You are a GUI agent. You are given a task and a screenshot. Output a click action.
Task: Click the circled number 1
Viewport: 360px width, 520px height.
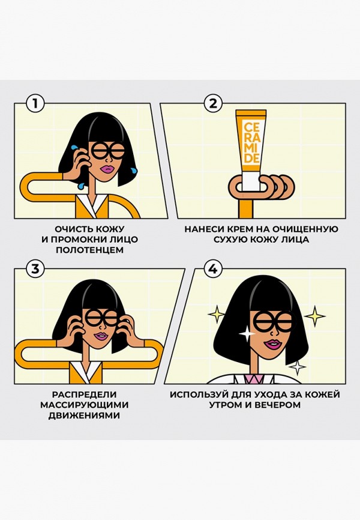pyautogui.click(x=35, y=103)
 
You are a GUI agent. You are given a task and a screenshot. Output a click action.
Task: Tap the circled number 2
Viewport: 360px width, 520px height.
pyautogui.click(x=213, y=103)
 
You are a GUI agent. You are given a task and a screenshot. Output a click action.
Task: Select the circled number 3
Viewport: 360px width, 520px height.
pyautogui.click(x=35, y=269)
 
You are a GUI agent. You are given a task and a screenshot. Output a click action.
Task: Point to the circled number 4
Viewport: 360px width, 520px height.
pyautogui.click(x=213, y=269)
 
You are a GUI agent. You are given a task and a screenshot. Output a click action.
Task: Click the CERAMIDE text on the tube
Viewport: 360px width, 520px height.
pyautogui.click(x=252, y=142)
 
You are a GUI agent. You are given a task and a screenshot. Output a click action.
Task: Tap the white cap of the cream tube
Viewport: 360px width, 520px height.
pyautogui.click(x=251, y=180)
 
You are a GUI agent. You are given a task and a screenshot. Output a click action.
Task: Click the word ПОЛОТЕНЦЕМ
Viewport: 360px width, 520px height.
pyautogui.click(x=89, y=249)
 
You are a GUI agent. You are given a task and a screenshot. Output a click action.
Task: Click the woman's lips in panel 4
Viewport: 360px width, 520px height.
pyautogui.click(x=272, y=345)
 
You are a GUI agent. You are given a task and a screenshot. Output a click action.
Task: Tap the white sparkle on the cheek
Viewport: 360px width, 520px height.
pyautogui.click(x=247, y=333)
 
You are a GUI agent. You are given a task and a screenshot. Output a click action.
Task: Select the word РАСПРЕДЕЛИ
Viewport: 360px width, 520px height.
pyautogui.click(x=84, y=395)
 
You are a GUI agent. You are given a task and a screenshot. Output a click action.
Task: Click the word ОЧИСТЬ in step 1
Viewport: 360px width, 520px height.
pyautogui.click(x=73, y=229)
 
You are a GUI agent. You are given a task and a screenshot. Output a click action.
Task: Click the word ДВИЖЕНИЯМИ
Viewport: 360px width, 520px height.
pyautogui.click(x=84, y=415)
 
